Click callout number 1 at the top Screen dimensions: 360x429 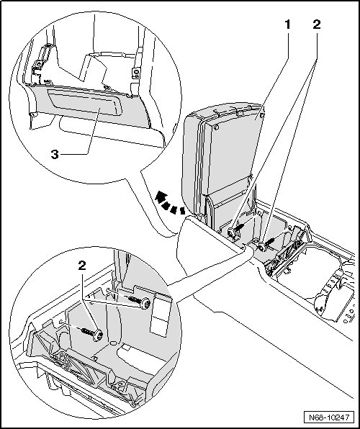(287, 25)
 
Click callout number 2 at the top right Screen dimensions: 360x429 (317, 25)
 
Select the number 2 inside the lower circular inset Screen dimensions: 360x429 (82, 265)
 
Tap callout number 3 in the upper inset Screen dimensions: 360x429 (55, 155)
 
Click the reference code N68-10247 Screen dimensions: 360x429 (329, 417)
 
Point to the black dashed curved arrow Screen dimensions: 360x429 (169, 204)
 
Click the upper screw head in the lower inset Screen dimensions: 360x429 (145, 304)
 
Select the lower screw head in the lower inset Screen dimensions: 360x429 (98, 335)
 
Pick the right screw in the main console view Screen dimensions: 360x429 (262, 248)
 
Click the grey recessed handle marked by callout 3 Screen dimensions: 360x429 (85, 101)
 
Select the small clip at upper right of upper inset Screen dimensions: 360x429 (136, 73)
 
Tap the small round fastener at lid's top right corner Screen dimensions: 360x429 (262, 115)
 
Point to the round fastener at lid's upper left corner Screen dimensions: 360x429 (217, 127)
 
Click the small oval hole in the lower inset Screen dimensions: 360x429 (113, 343)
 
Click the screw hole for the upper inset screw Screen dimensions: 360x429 (109, 290)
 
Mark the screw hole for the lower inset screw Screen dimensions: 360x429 (61, 322)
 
